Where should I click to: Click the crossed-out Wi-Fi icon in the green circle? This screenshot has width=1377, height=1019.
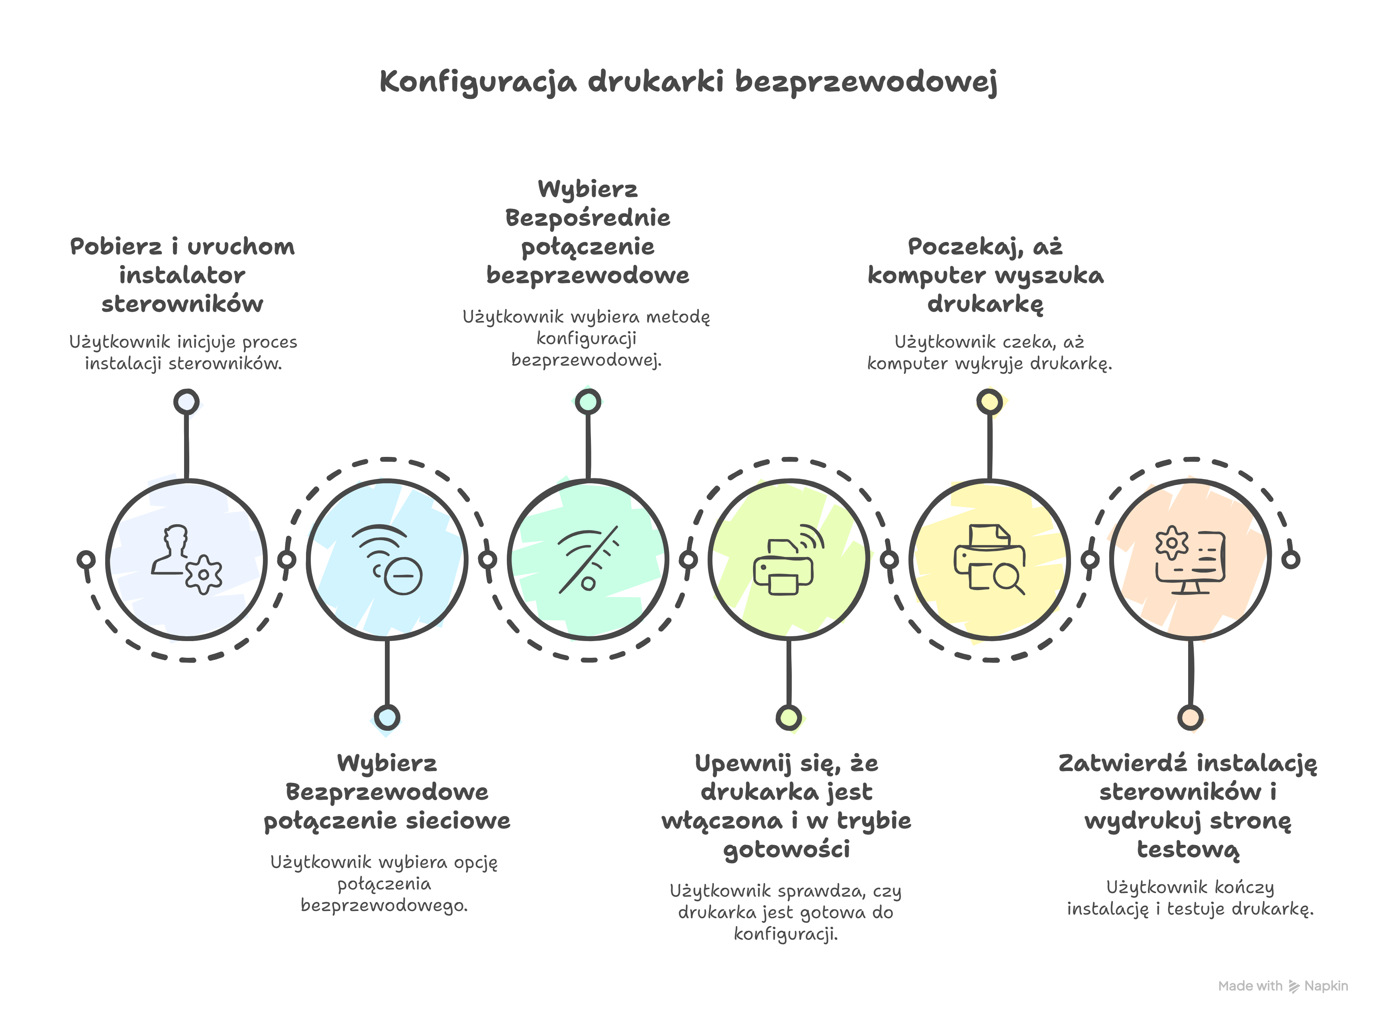tap(587, 559)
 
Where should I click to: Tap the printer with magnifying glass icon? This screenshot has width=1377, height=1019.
tap(989, 559)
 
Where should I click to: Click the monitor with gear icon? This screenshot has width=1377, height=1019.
tap(1190, 559)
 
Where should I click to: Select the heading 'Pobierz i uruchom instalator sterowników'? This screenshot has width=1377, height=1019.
tap(182, 275)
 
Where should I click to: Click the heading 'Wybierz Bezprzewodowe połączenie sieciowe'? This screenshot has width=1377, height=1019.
tap(387, 792)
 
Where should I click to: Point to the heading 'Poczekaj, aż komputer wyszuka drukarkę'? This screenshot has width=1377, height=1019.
tap(986, 275)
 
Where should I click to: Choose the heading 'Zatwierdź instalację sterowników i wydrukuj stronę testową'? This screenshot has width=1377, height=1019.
tap(1188, 806)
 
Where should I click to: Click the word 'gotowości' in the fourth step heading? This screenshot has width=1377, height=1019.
tap(787, 850)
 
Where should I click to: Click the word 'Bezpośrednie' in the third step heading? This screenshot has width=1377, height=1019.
tap(587, 218)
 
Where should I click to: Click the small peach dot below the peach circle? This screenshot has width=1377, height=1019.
tap(1190, 717)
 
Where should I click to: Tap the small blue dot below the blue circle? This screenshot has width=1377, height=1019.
tap(387, 717)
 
